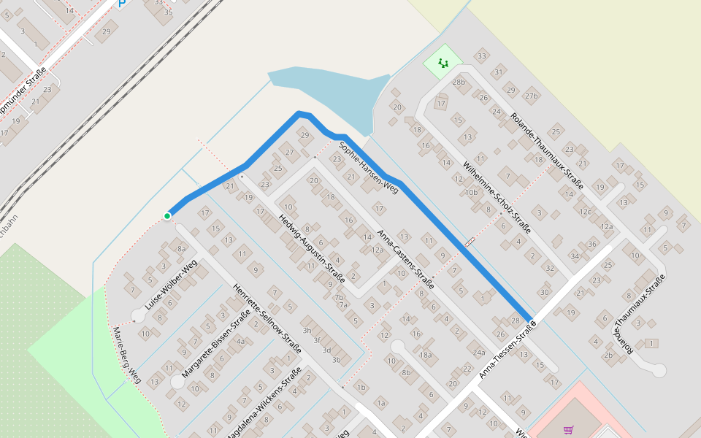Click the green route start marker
[167, 215]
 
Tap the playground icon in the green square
[443, 63]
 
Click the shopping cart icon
[569, 429]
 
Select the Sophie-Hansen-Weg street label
[369, 167]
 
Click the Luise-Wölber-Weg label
[172, 285]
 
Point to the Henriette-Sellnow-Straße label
[267, 318]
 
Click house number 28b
[459, 82]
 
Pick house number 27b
[531, 96]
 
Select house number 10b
[471, 193]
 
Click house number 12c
[585, 212]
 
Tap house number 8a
[182, 248]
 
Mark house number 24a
[479, 352]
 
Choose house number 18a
[426, 355]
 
